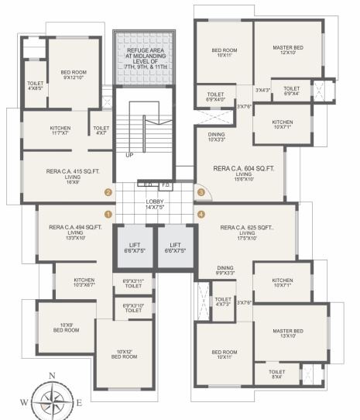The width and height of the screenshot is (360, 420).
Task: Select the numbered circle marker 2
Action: click(x=108, y=192)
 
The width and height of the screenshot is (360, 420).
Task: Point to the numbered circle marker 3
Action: click(x=201, y=192)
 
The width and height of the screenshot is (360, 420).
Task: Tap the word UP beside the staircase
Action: click(x=129, y=154)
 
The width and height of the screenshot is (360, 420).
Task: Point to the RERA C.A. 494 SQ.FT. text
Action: click(x=74, y=229)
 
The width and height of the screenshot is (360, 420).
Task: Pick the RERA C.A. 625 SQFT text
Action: click(x=248, y=229)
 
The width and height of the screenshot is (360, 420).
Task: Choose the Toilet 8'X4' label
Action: click(x=277, y=374)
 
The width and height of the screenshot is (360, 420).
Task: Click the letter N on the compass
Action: click(x=51, y=377)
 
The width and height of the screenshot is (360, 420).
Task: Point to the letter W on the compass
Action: click(x=23, y=403)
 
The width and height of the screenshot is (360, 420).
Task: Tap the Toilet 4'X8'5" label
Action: click(x=35, y=84)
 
